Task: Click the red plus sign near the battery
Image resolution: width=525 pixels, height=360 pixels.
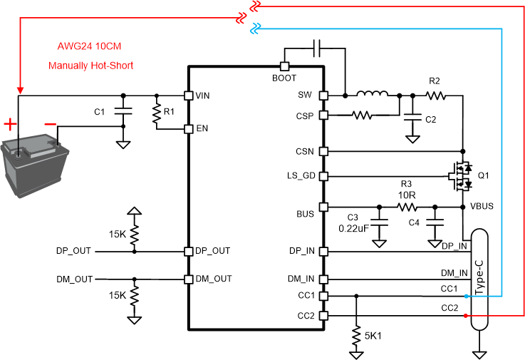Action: point(10,125)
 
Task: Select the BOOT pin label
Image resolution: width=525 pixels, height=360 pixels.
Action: point(284,78)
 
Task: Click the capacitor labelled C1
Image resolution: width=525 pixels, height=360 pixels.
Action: point(124,112)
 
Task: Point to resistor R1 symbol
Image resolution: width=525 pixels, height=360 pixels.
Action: point(156,113)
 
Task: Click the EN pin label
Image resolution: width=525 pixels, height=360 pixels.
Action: point(202,129)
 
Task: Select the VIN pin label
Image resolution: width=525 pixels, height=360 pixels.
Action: point(203,95)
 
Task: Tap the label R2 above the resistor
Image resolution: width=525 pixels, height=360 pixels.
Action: point(435,81)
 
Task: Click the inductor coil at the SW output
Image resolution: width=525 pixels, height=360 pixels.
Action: point(372,94)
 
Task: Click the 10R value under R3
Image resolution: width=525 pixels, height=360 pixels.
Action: point(407,195)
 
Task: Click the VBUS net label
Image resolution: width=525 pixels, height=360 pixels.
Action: point(482,206)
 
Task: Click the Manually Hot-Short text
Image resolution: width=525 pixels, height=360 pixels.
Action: point(90,66)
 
